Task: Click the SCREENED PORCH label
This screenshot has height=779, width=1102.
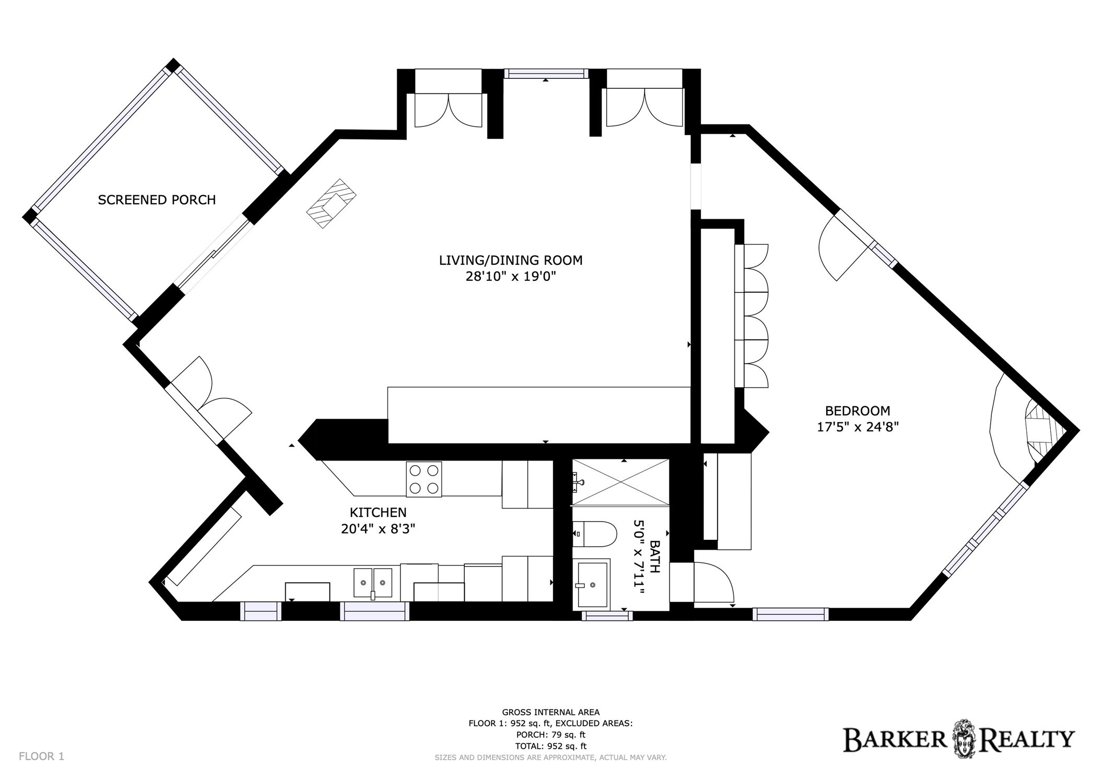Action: [157, 200]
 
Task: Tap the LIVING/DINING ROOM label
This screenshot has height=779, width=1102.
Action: [510, 260]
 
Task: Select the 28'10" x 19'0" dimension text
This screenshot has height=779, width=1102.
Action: [510, 277]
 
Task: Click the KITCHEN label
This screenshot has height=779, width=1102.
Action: [378, 513]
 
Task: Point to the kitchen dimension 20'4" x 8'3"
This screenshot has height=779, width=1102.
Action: [378, 529]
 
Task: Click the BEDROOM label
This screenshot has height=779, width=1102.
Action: [858, 411]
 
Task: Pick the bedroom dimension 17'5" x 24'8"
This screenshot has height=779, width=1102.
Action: [858, 427]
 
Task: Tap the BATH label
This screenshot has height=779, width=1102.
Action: [654, 557]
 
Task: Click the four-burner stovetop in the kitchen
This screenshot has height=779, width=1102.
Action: [424, 479]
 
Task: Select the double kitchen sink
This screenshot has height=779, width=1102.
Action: [373, 583]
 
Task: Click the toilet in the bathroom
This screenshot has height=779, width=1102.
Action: [595, 534]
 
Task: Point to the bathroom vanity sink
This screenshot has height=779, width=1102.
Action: [591, 584]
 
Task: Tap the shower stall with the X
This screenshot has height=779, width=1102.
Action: [620, 482]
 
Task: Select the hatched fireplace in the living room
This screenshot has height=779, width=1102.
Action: [331, 203]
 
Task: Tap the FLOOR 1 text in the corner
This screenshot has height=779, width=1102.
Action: [41, 756]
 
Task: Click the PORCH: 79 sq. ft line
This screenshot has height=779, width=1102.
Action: [550, 735]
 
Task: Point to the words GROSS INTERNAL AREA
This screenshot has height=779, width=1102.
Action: [550, 712]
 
